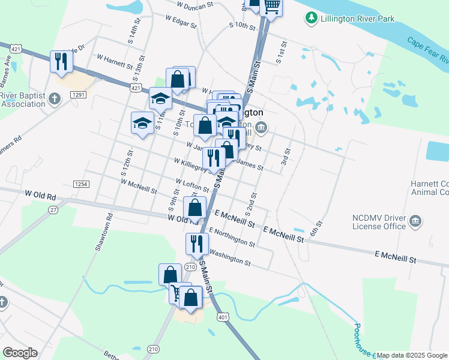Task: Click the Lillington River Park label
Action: coord(358,19)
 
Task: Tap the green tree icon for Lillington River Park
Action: coord(311,19)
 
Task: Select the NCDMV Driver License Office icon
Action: coord(415,222)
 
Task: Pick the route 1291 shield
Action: coord(78,95)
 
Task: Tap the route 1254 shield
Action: coord(81,184)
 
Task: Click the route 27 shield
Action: coord(53,210)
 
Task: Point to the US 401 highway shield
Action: coord(223,316)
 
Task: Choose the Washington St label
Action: coord(230,257)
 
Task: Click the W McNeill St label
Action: coord(138,186)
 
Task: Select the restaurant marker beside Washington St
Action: coord(197,243)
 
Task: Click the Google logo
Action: coord(20,353)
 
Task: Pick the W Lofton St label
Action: coord(192,185)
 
